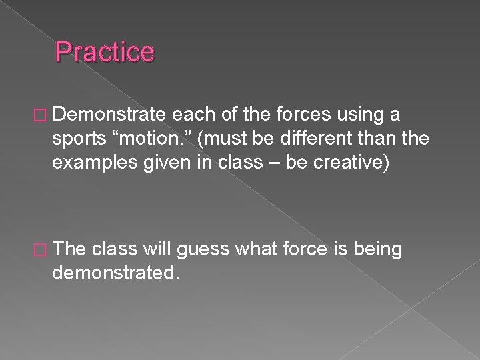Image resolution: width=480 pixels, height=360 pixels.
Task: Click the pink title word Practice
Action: pyautogui.click(x=105, y=51)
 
